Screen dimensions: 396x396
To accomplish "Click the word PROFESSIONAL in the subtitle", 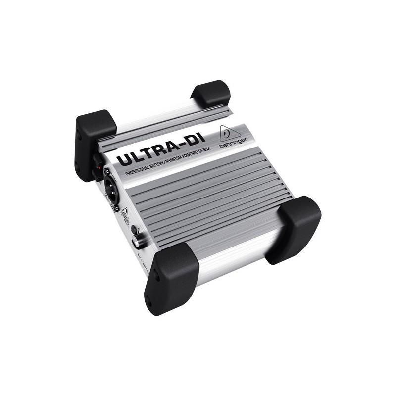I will point(137,170).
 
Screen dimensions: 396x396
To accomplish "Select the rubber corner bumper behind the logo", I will point(211,94).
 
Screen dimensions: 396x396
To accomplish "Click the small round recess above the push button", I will point(134,228).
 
